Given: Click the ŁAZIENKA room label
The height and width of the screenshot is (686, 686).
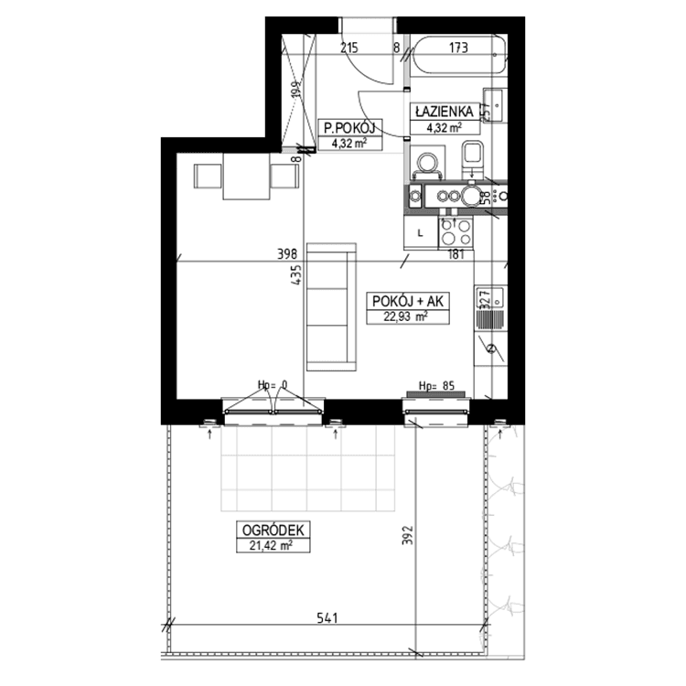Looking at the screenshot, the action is point(445,112).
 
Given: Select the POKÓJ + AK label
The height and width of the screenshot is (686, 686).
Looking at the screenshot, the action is point(408,302).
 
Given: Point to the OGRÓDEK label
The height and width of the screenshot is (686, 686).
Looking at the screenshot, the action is point(273,531).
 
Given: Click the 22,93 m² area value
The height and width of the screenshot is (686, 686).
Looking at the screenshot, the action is point(405,316).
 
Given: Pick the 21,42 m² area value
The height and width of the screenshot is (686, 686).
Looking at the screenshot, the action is point(272,545).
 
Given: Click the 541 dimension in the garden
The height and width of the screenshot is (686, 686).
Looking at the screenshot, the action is point(327,618).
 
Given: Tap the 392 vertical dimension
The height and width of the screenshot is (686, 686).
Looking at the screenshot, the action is point(408,535).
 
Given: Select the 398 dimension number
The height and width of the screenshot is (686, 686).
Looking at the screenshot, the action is point(287,253).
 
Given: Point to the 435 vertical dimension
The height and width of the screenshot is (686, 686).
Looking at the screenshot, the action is point(296,275).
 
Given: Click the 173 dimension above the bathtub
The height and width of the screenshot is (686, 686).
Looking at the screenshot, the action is point(458,48).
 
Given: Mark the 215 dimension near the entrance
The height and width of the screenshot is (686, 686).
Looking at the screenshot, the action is point(349,48).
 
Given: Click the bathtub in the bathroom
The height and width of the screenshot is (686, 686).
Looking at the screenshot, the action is point(458,57).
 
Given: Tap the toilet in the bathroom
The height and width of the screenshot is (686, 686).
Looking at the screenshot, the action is point(473,159).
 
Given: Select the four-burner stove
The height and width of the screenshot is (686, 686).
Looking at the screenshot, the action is point(456,232).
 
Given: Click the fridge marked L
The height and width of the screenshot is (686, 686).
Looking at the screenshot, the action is point(421,232).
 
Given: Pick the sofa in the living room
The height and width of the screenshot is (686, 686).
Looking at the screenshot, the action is point(332,307).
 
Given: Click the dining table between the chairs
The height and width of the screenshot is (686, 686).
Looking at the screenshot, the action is point(246,176).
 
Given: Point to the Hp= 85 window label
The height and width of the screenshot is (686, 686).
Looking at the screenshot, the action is point(436,385).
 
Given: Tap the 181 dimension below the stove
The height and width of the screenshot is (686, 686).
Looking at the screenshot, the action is point(456,254).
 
